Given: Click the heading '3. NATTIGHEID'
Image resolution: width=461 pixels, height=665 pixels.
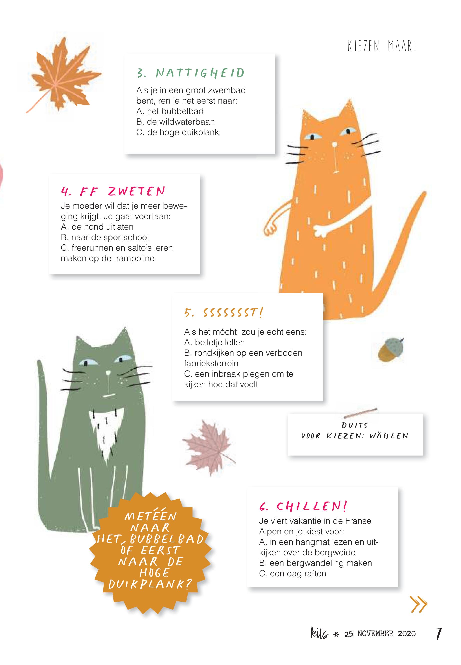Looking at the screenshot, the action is tap(191, 73).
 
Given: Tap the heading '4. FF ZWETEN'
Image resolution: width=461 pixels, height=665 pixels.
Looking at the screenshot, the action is tap(113, 191).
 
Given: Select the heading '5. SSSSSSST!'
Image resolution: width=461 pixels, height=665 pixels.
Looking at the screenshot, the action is tap(224, 313).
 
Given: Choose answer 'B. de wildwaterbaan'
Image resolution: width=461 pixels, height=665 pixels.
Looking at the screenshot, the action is tap(175, 122).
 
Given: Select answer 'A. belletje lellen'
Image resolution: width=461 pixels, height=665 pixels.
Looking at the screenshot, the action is tap(214, 342).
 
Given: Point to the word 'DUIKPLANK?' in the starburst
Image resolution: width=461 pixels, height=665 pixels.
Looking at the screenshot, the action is tap(150, 584).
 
